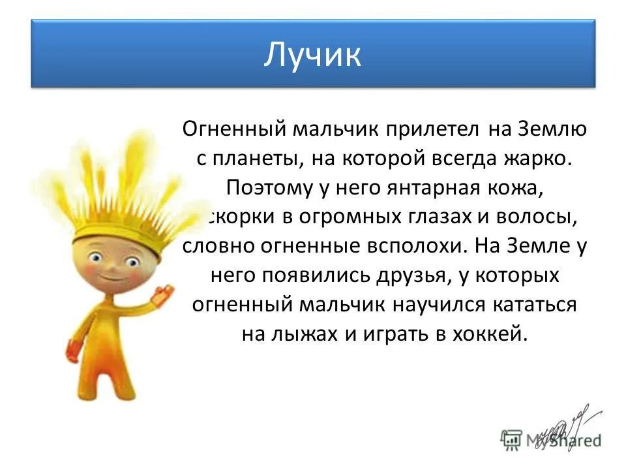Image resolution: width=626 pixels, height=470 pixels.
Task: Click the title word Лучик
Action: point(312,55)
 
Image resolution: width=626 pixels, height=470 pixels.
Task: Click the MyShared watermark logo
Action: point(551,438)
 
